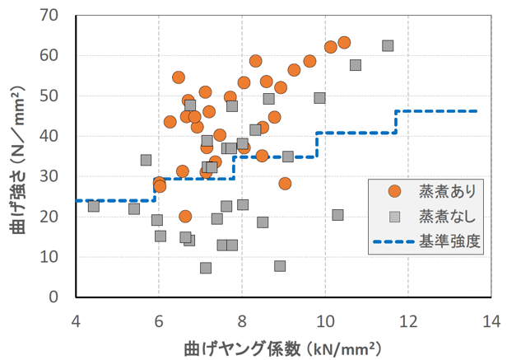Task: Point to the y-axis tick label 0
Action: (59, 297)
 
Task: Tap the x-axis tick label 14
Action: (491, 319)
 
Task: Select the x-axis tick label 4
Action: (77, 319)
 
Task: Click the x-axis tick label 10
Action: (325, 319)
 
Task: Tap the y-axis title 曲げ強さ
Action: (18, 157)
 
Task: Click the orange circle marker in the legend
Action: (394, 191)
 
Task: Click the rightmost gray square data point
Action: (388, 46)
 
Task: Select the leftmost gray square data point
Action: (94, 206)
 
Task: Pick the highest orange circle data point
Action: (344, 43)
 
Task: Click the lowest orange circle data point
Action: (185, 217)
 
